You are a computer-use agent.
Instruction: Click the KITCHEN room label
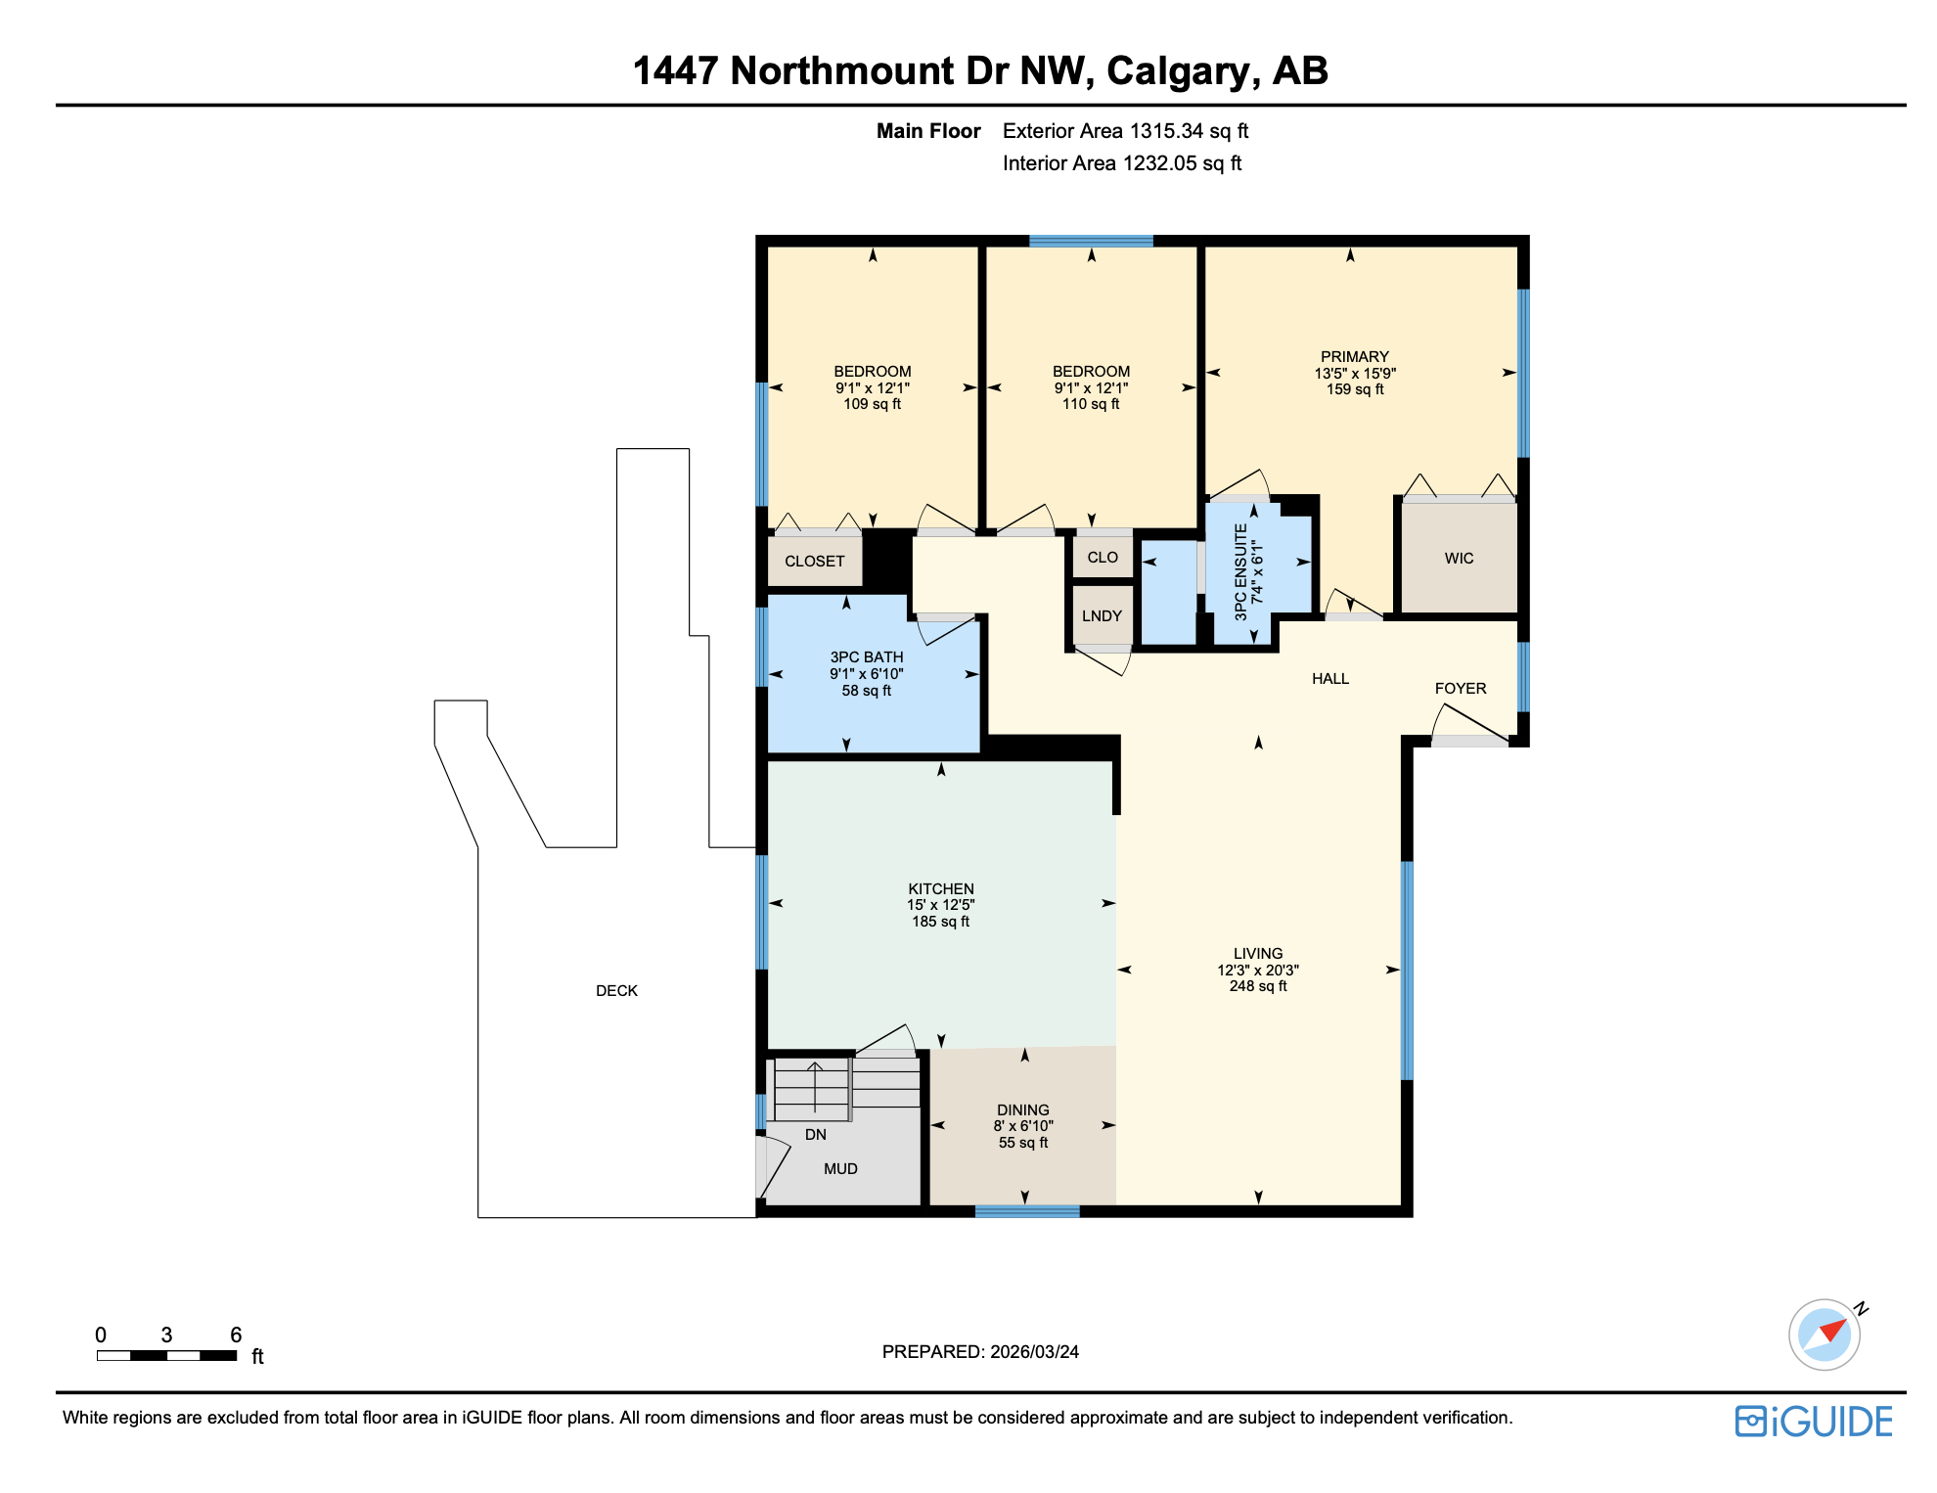tap(940, 888)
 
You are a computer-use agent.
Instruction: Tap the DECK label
tap(616, 990)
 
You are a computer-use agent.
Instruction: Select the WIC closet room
tap(1459, 558)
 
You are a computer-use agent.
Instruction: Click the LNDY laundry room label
tap(1102, 615)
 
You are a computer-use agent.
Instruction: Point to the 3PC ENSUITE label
tap(1240, 572)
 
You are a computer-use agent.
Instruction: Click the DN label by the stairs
tap(815, 1134)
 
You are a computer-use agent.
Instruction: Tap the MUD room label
tap(840, 1168)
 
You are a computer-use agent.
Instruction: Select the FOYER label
tap(1460, 688)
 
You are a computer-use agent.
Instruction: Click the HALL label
tap(1329, 678)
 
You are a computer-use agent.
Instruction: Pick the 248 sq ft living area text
tap(1258, 986)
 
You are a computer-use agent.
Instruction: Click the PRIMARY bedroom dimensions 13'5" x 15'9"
tap(1355, 373)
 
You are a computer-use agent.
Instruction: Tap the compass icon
tap(1824, 1334)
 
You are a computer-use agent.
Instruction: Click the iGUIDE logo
tap(1814, 1421)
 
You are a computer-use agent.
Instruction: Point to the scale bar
tap(166, 1355)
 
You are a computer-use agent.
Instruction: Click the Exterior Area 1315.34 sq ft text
tap(1125, 131)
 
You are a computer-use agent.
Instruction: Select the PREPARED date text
tap(980, 1351)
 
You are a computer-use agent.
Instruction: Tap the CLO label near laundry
tap(1102, 557)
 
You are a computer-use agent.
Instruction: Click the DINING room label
tap(1022, 1109)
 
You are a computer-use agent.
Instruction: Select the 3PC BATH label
tap(866, 657)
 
